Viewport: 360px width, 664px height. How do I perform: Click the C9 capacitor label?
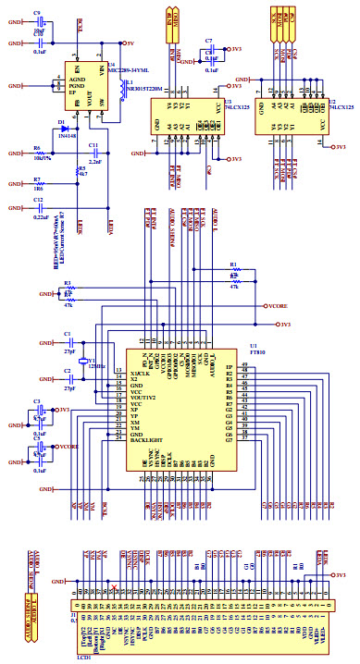coord(37,12)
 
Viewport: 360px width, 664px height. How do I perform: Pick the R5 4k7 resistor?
coord(78,170)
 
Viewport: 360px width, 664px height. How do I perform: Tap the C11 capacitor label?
coord(93,146)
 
